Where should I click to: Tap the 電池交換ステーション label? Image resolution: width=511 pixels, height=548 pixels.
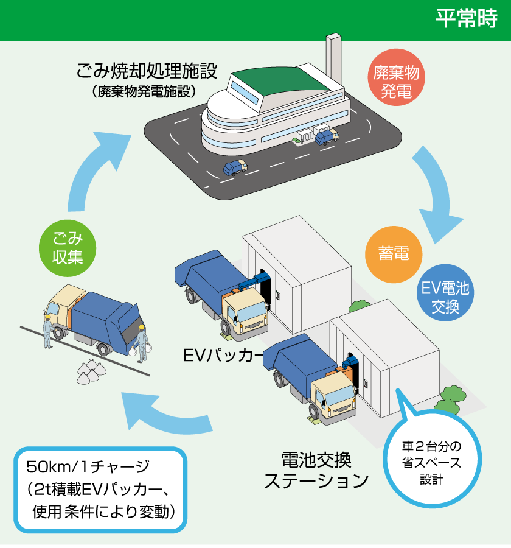316,469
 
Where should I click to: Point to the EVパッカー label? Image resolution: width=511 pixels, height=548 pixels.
223,354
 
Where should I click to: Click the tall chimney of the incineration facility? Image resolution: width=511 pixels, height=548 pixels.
333,61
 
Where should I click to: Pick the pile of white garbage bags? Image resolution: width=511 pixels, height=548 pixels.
91,371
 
